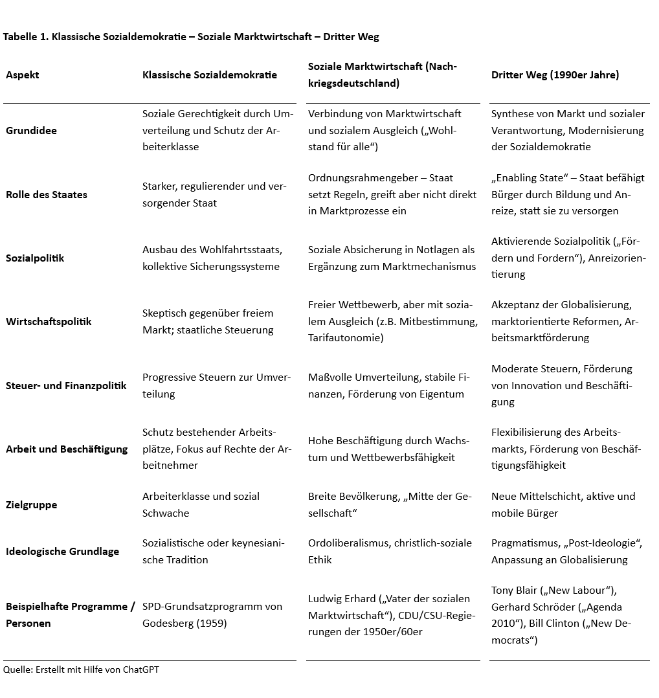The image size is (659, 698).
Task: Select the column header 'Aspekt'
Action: click(x=23, y=75)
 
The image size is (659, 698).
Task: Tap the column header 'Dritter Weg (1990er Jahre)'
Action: click(x=555, y=75)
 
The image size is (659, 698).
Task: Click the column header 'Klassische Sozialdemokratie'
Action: click(x=210, y=75)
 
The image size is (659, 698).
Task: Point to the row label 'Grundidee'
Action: click(x=31, y=131)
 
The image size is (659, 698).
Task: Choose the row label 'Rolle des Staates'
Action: click(x=47, y=195)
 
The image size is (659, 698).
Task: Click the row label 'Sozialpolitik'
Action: click(x=35, y=258)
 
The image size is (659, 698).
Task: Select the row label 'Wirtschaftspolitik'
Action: click(x=49, y=322)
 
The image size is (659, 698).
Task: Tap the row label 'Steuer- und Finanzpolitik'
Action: click(x=66, y=386)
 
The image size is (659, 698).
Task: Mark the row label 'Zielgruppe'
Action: click(x=31, y=505)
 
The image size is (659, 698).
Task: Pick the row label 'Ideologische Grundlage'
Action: click(x=62, y=552)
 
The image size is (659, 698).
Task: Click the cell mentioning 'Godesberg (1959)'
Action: click(x=212, y=615)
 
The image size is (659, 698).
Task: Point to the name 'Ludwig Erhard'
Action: click(x=341, y=598)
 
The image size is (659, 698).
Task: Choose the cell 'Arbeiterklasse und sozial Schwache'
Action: click(x=201, y=505)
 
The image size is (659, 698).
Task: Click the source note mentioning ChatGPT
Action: click(x=81, y=670)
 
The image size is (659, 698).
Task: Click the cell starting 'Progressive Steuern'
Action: click(x=216, y=386)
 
